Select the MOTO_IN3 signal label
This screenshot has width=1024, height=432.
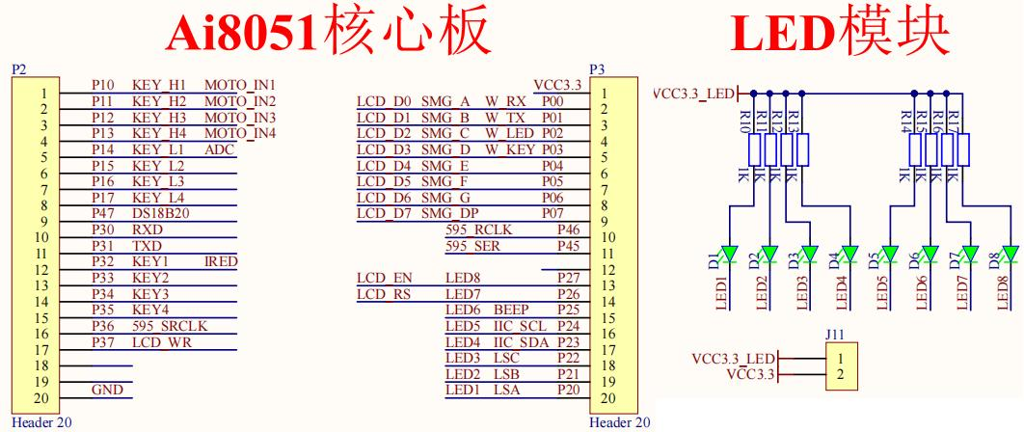pyautogui.click(x=240, y=118)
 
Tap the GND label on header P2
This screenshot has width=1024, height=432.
pyautogui.click(x=106, y=391)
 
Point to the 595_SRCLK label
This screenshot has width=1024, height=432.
pyautogui.click(x=171, y=325)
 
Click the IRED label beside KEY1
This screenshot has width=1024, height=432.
pyautogui.click(x=221, y=261)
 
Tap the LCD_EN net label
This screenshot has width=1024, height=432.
pyautogui.click(x=379, y=278)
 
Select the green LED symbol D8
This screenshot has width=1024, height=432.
pyautogui.click(x=1010, y=256)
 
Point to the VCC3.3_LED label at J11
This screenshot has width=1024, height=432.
pyautogui.click(x=734, y=358)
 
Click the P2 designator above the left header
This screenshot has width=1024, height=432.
pyautogui.click(x=17, y=69)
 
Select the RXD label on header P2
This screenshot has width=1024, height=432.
pyautogui.click(x=147, y=230)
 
